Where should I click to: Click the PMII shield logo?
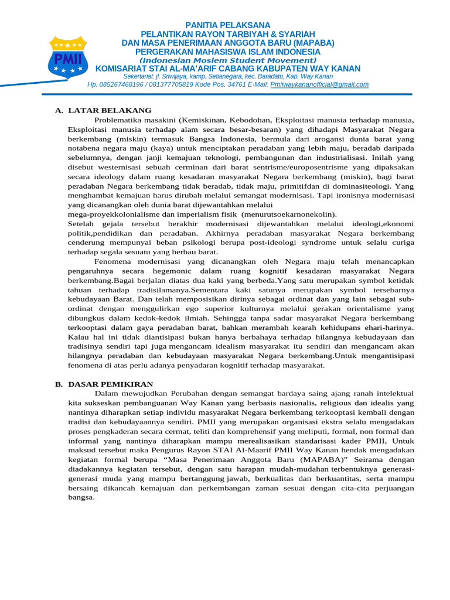pos(69,56)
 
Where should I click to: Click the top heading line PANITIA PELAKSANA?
pos(228,25)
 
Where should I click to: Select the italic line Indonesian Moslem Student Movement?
pos(228,60)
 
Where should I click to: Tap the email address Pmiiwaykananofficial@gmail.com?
pos(319,85)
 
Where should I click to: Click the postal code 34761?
pos(236,85)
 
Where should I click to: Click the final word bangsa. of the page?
pos(81,497)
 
